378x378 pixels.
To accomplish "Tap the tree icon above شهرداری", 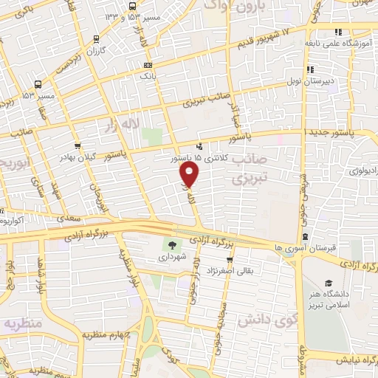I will pyautogui.click(x=171, y=246).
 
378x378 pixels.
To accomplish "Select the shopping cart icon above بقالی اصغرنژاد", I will pyautogui.click(x=231, y=259).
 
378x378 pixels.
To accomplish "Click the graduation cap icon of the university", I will pyautogui.click(x=329, y=283).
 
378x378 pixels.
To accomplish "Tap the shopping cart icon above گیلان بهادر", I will pyautogui.click(x=78, y=145).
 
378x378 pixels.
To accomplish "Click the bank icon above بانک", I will pyautogui.click(x=148, y=65).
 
